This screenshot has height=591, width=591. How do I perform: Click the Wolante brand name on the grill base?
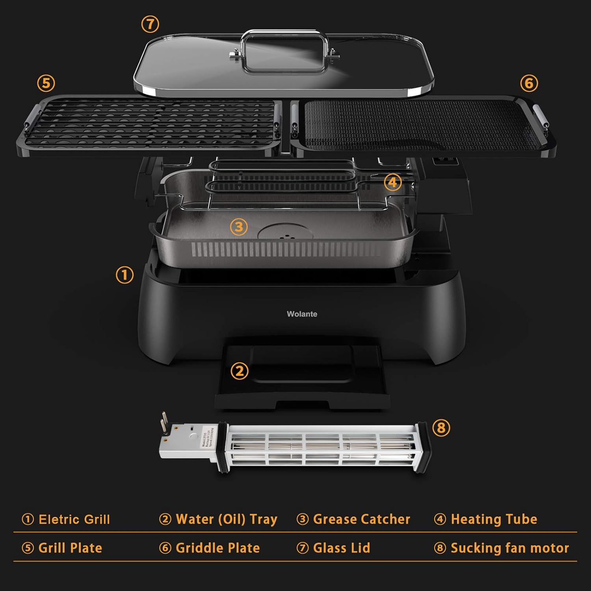pyautogui.click(x=302, y=314)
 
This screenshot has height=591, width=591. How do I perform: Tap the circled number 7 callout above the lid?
pyautogui.click(x=150, y=24)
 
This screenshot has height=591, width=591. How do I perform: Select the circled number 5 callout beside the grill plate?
pyautogui.click(x=46, y=83)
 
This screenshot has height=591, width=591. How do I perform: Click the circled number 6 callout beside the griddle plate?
pyautogui.click(x=529, y=83)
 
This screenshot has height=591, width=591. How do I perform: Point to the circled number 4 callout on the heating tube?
pyautogui.click(x=393, y=182)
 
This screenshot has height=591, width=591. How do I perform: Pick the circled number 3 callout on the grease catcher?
pyautogui.click(x=239, y=227)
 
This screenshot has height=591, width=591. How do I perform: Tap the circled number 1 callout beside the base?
pyautogui.click(x=125, y=275)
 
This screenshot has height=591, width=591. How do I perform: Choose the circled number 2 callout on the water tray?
pyautogui.click(x=240, y=371)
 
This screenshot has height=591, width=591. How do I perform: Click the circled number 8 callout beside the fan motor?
pyautogui.click(x=441, y=428)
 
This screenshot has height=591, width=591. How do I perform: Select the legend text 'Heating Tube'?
pyautogui.click(x=494, y=519)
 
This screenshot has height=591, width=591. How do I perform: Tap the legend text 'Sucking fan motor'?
pyautogui.click(x=509, y=548)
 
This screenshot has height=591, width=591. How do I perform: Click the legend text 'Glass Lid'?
pyautogui.click(x=341, y=548)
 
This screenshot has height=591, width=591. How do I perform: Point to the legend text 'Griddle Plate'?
pyautogui.click(x=217, y=548)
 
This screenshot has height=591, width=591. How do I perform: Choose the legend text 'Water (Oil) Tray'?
pyautogui.click(x=226, y=519)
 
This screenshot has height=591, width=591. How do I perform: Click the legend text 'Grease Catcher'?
pyautogui.click(x=361, y=519)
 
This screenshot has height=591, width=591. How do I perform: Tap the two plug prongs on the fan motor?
pyautogui.click(x=164, y=422)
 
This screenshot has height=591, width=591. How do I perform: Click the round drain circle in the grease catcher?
pyautogui.click(x=285, y=233)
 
